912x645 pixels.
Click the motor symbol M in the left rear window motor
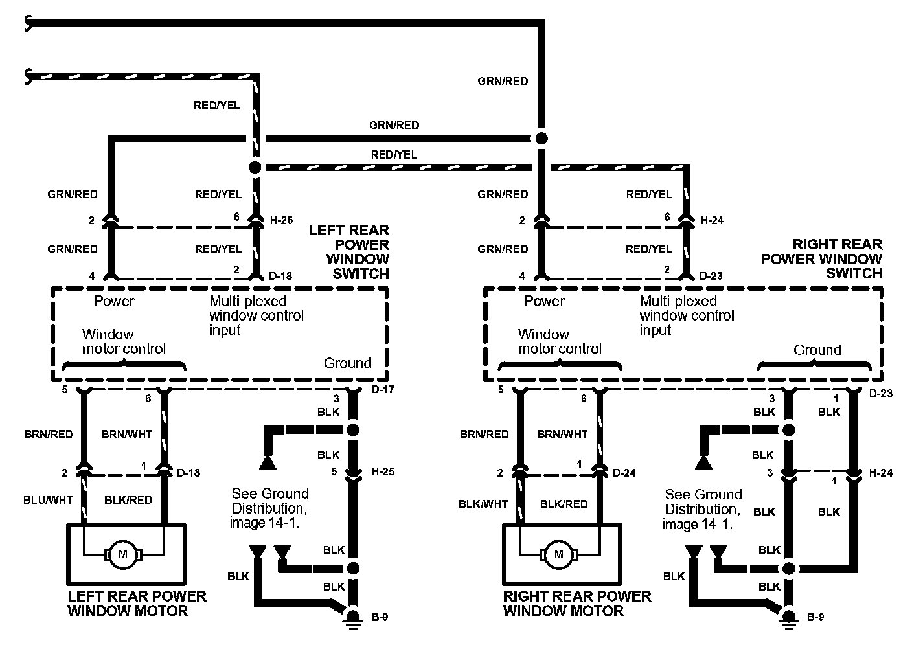point(122,554)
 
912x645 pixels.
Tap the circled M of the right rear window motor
point(558,554)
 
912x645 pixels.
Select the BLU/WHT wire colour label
point(48,499)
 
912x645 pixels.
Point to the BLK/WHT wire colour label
point(483,504)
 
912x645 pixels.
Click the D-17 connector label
point(382,389)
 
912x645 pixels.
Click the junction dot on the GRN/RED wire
point(541,139)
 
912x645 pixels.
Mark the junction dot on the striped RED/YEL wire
point(255,167)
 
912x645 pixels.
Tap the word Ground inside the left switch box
point(347,363)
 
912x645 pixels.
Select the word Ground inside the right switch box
point(817,350)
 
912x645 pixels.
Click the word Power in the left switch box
point(114,301)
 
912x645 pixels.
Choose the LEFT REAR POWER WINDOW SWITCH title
point(349,251)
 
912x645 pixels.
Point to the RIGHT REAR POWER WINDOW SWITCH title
point(822,258)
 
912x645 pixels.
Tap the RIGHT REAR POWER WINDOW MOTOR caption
point(576,603)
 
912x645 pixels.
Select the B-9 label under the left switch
point(380,617)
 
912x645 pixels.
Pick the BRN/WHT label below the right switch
point(562,434)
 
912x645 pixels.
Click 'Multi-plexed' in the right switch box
point(678,301)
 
